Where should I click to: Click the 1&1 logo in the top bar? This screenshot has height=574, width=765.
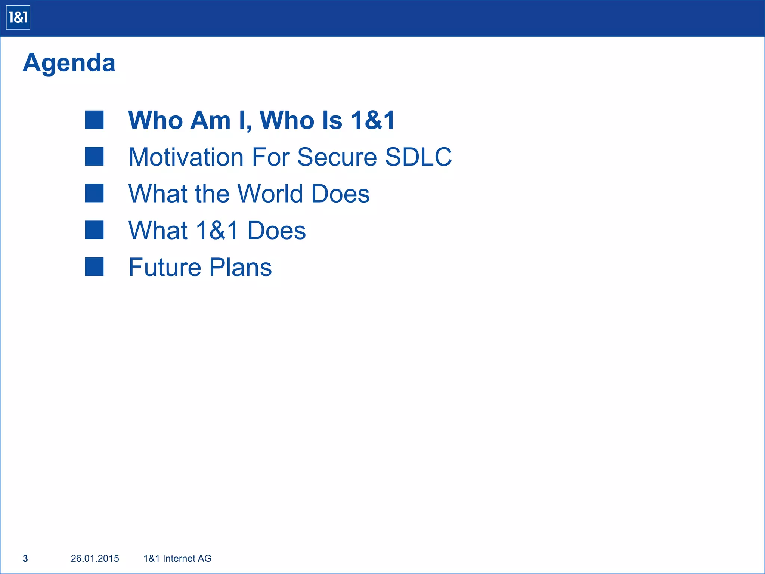click(18, 18)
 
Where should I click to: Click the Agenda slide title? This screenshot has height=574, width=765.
click(69, 62)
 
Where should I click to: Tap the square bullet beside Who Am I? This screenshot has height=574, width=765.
click(94, 120)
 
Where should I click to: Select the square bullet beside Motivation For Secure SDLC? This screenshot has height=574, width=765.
click(94, 156)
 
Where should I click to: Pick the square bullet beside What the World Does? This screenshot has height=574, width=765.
click(94, 193)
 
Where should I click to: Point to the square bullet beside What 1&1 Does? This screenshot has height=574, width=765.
click(94, 230)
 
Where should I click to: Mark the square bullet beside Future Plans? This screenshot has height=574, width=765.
click(94, 267)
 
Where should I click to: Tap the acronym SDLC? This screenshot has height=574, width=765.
click(418, 157)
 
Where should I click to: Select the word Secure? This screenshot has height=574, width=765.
click(337, 157)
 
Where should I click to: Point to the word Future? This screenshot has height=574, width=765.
click(165, 267)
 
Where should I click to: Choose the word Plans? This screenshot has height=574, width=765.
click(241, 267)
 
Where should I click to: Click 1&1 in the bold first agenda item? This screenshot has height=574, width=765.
click(373, 120)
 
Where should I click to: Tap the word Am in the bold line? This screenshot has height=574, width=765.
click(210, 120)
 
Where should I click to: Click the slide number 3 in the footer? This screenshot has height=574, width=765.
click(25, 558)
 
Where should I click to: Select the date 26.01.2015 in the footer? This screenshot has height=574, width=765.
click(95, 558)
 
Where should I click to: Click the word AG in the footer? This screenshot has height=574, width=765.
click(205, 558)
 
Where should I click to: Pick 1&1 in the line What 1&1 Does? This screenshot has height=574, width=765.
click(217, 230)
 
